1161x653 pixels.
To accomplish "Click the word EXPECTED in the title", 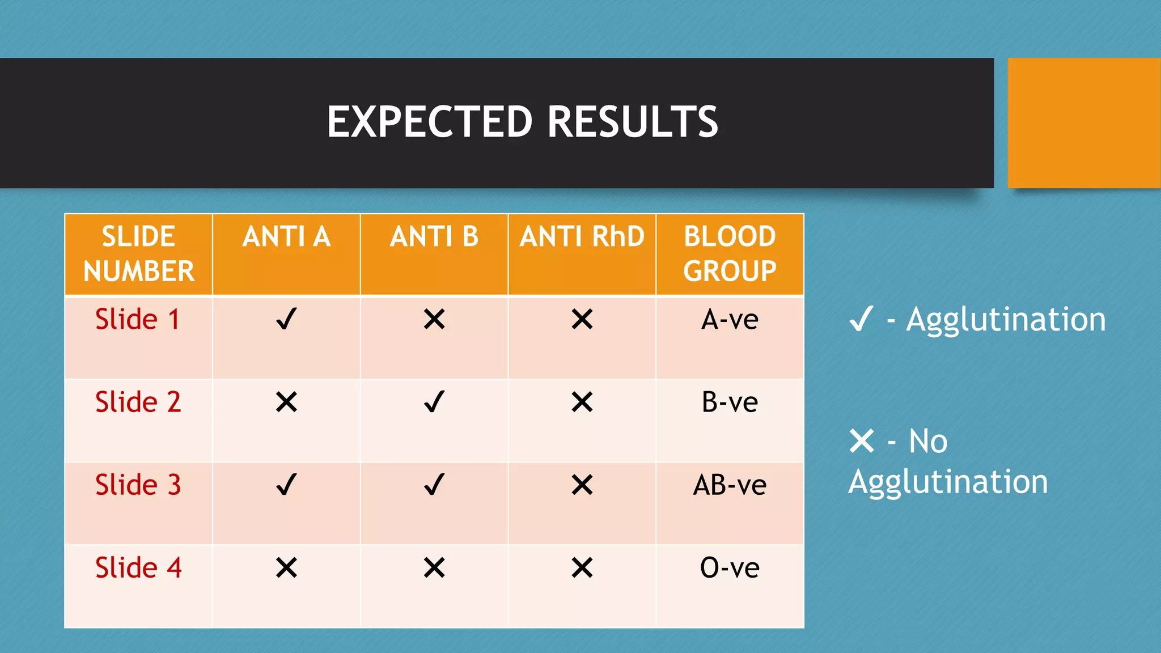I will pos(430,122).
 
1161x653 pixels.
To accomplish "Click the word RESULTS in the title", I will pos(633,122).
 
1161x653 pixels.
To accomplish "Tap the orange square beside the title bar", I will pos(1084,123).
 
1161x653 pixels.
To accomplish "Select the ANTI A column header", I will pos(286,237).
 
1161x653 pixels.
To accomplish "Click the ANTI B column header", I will pos(434,237).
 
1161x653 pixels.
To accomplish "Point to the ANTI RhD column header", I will pos(582,237).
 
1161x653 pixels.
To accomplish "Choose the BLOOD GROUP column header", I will pos(730,253).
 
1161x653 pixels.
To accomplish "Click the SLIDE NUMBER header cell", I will pos(139,253).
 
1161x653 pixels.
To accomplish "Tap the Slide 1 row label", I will pos(138,319).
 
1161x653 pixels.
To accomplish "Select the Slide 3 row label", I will pos(138,485).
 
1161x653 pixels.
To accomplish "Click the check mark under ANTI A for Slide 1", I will pos(286,319).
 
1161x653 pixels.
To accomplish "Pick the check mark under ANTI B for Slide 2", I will pos(434,402).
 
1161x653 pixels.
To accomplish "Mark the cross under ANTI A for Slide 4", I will pos(286,567).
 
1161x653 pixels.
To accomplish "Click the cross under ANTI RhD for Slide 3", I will pos(582,485).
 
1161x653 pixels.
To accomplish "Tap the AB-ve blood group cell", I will pos(730,485).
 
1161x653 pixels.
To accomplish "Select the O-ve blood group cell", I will pos(730,568).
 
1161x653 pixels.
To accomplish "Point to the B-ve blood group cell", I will pos(730,402).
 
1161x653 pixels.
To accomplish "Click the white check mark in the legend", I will pos(861,319).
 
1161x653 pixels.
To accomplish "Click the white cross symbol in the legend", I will pos(862,441).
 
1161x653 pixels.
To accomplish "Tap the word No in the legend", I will pos(928,441).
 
